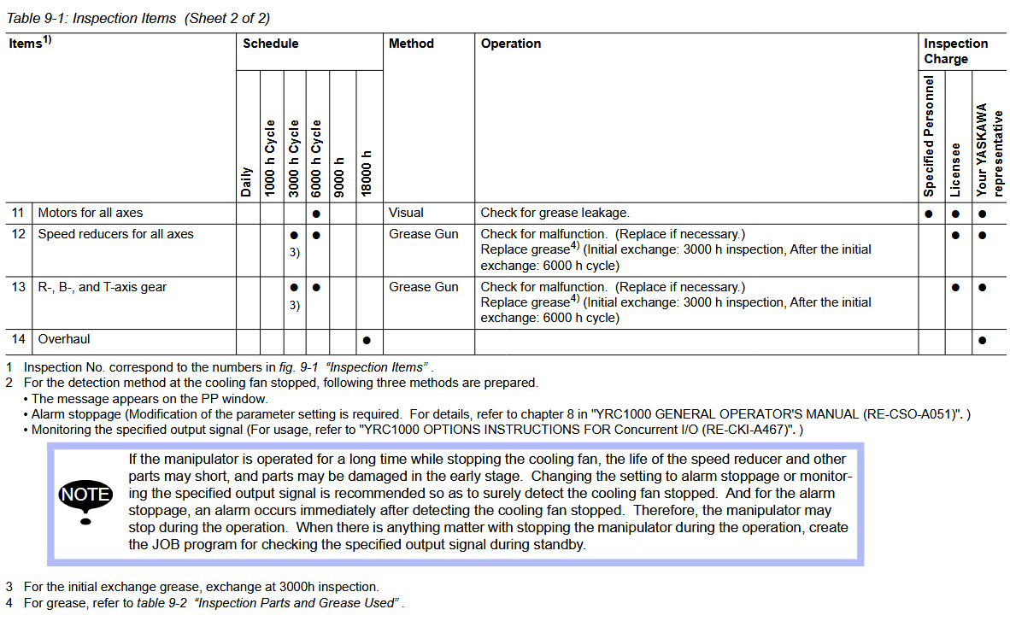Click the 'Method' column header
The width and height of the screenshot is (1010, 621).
click(411, 44)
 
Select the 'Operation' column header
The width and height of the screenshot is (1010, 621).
click(510, 44)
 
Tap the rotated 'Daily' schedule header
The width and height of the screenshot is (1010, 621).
click(246, 182)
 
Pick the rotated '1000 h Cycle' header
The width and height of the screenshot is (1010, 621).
click(270, 159)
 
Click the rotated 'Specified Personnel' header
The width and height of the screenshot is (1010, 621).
click(930, 136)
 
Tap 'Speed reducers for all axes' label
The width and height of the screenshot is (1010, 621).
click(115, 234)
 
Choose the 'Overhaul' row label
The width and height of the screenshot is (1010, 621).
click(64, 339)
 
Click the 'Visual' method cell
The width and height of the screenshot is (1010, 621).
click(406, 213)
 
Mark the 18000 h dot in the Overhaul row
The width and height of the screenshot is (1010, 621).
click(367, 340)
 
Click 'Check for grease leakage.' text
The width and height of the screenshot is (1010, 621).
click(555, 213)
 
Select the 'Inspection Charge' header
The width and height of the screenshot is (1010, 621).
click(955, 51)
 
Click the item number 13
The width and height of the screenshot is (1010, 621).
click(19, 287)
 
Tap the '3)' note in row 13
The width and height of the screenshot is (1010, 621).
click(294, 305)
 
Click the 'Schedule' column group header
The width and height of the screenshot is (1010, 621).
click(270, 44)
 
